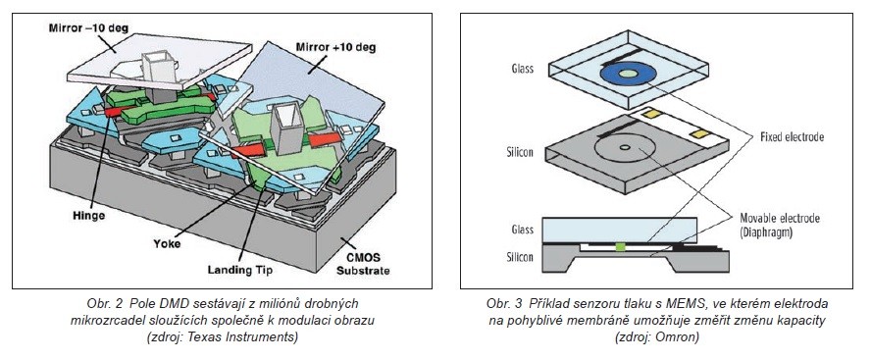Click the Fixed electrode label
click(793, 137)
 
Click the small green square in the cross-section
click(622, 246)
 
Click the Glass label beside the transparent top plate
click(522, 69)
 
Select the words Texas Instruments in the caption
click(253, 336)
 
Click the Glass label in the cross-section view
click(522, 230)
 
